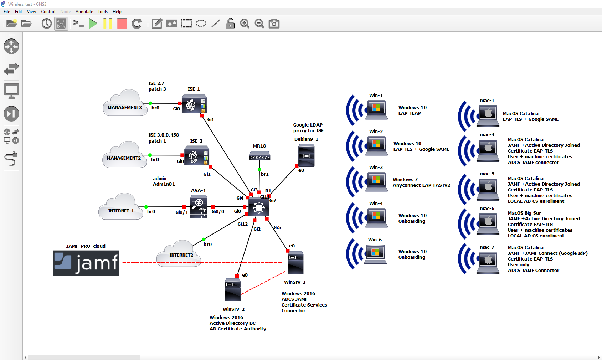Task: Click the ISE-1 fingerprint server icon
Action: [194, 104]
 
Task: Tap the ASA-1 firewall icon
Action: [199, 207]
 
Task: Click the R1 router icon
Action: [259, 207]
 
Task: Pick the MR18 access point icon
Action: [259, 156]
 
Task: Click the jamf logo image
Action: [86, 263]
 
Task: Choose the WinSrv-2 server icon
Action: [233, 290]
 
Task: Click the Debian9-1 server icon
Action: [306, 155]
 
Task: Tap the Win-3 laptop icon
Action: [376, 181]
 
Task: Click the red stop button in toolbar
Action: [122, 24]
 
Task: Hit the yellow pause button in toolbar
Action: [107, 24]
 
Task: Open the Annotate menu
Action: [84, 12]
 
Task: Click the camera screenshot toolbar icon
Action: [274, 24]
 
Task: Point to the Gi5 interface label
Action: [277, 228]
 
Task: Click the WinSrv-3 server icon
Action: [295, 263]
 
